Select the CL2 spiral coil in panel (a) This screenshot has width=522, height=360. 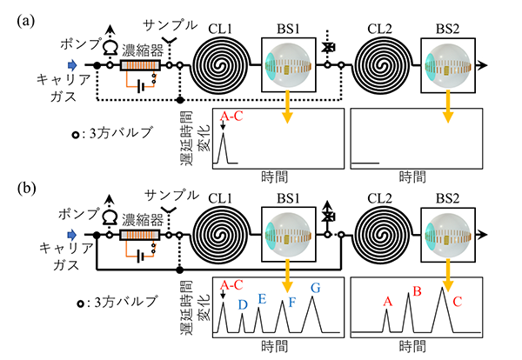[x=379, y=66]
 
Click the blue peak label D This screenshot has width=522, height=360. [x=243, y=303]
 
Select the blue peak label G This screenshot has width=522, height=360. [x=315, y=287]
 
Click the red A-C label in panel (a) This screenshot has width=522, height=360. [x=231, y=115]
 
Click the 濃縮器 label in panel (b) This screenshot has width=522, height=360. [x=139, y=211]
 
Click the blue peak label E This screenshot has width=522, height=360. [x=261, y=298]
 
